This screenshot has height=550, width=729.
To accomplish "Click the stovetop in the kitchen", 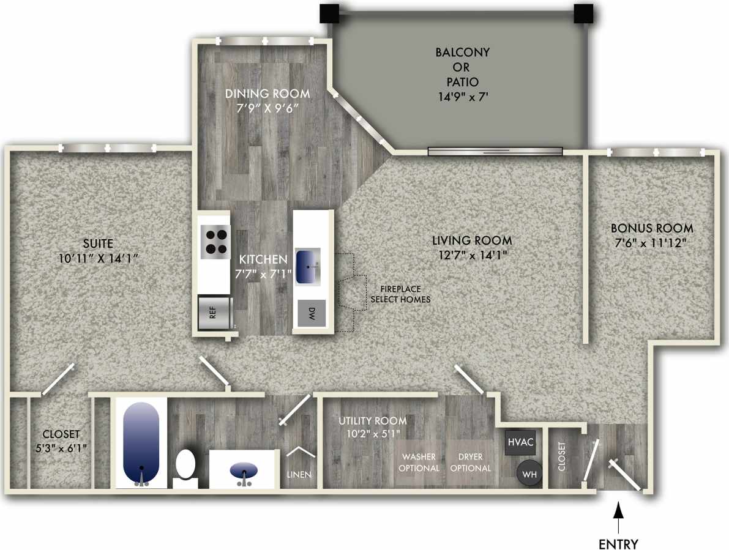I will click(x=215, y=240).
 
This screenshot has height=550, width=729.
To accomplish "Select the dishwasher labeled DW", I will click(x=312, y=314).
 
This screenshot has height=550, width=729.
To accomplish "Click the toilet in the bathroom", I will click(x=185, y=466).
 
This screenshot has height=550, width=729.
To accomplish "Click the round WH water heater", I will click(x=529, y=473).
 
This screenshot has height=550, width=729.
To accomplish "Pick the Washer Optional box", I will click(x=421, y=463).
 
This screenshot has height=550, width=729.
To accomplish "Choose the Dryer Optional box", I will click(x=470, y=463).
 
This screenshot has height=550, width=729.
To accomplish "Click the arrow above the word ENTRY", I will click(x=618, y=517).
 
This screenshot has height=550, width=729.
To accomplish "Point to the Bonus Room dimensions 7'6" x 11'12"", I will click(x=652, y=242).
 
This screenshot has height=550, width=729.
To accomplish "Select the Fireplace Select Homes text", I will click(x=400, y=294).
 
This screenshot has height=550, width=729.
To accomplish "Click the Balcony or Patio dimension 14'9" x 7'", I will click(x=462, y=95).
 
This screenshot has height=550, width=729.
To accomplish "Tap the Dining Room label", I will click(x=267, y=94).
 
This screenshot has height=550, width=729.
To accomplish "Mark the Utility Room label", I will click(x=373, y=420).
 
